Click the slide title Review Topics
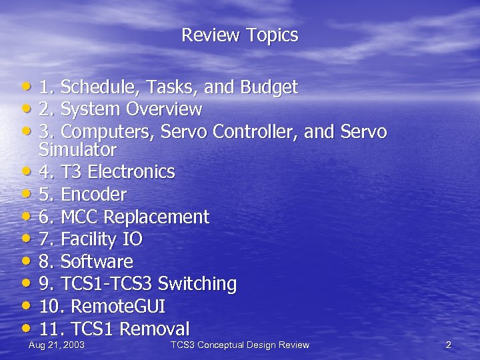click(239, 35)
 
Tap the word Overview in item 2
click(164, 109)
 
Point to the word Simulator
click(78, 149)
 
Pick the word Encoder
click(93, 195)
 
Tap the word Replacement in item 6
click(157, 217)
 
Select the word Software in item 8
click(97, 261)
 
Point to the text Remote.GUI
click(117, 307)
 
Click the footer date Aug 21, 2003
click(56, 345)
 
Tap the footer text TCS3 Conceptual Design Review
click(240, 345)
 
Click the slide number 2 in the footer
click(448, 345)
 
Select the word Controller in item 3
click(255, 131)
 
